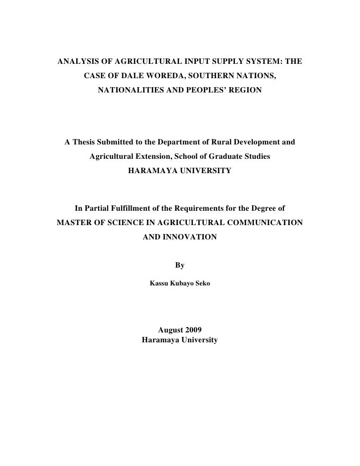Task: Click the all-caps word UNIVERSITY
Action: click(x=204, y=171)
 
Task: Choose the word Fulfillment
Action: click(x=123, y=208)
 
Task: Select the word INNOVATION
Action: click(x=190, y=236)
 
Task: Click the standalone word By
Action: click(x=180, y=266)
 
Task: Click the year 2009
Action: click(x=191, y=330)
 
